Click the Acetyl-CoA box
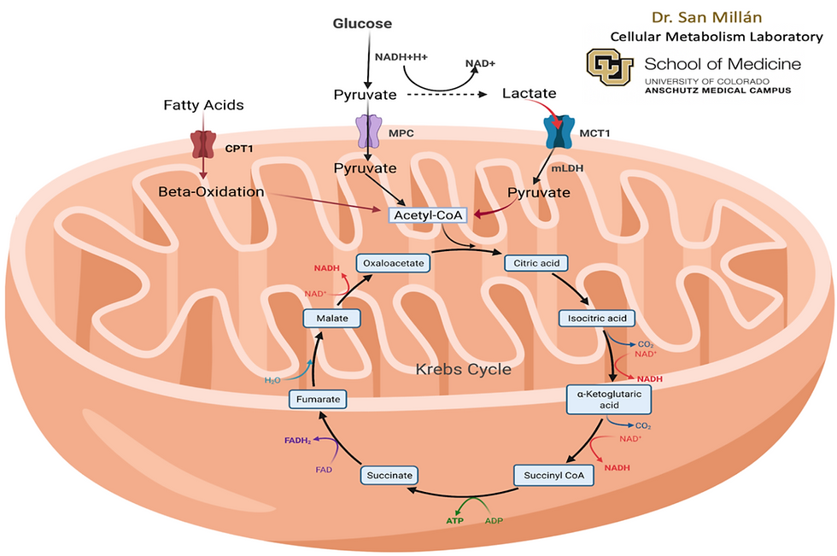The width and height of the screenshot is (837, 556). click(428, 216)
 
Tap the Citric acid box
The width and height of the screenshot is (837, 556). click(537, 263)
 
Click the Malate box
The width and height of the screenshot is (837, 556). click(329, 319)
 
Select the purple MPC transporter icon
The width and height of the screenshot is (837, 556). click(367, 132)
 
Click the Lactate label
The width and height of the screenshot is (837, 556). click(530, 93)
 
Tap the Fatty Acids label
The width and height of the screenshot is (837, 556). click(203, 105)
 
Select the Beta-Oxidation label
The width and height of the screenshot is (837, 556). click(211, 191)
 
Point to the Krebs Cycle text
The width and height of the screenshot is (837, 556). click(463, 369)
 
